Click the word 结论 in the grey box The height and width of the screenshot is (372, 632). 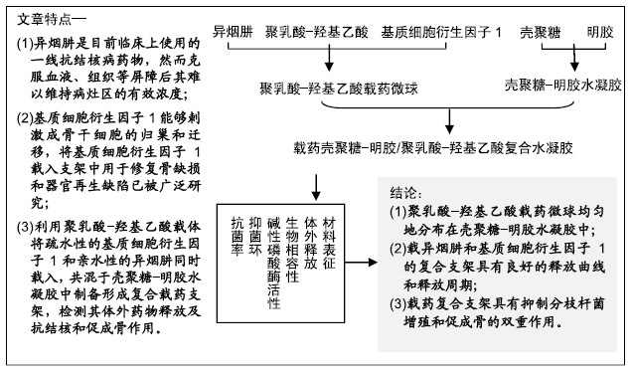pyautogui.click(x=405, y=190)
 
